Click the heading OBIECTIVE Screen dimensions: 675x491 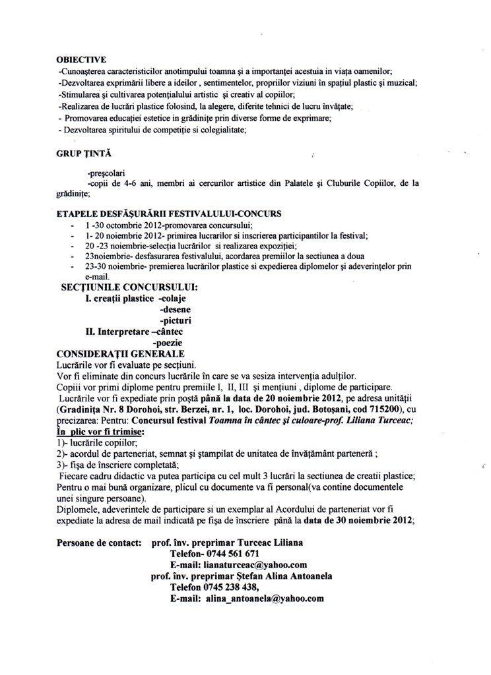coord(82,59)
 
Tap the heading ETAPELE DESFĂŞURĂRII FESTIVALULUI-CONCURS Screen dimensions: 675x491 coord(170,214)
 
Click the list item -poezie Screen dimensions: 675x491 coord(168,343)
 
